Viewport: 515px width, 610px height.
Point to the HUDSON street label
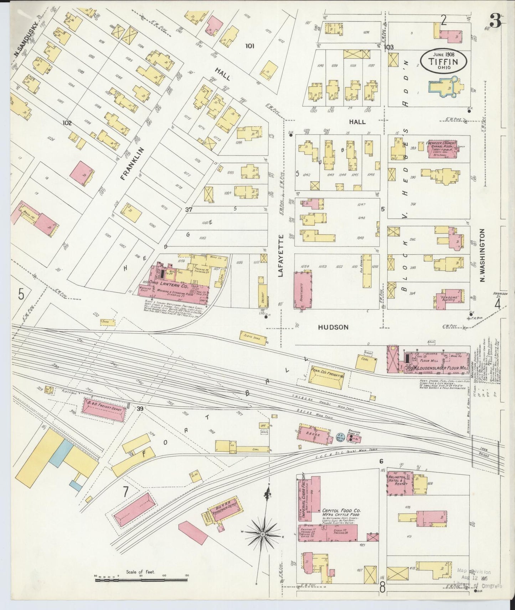tap(333, 327)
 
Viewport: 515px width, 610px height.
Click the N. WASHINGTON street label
tap(483, 255)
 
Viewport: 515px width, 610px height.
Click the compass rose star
tap(262, 534)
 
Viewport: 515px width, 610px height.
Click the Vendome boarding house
tap(450, 296)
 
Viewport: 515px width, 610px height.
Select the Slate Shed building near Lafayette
tap(254, 338)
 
